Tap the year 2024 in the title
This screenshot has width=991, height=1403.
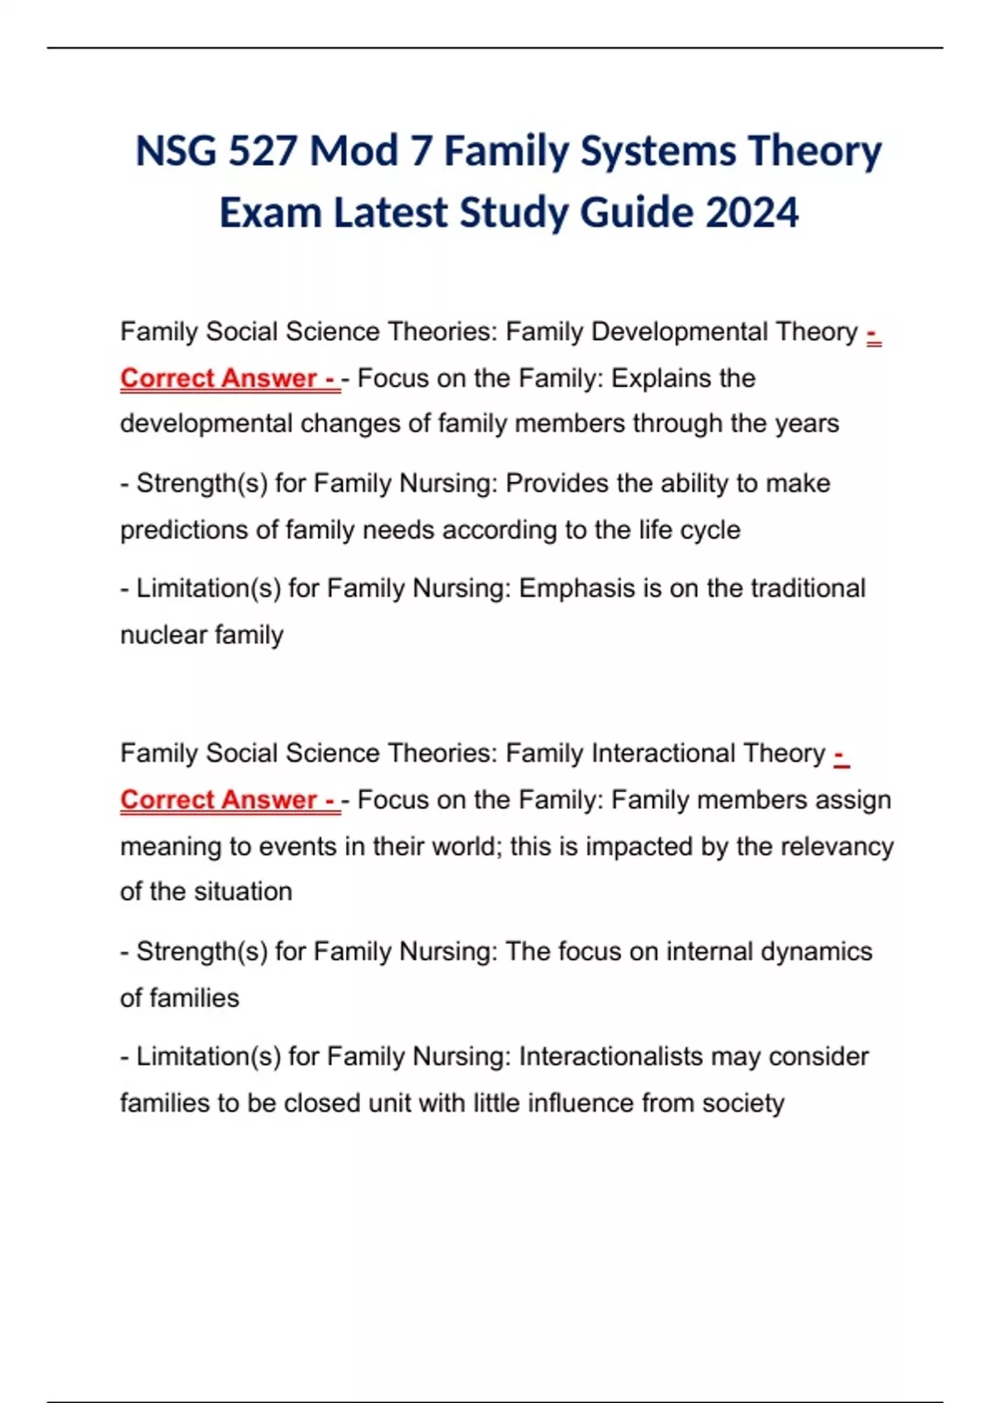(752, 213)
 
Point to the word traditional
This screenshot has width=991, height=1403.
(808, 588)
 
